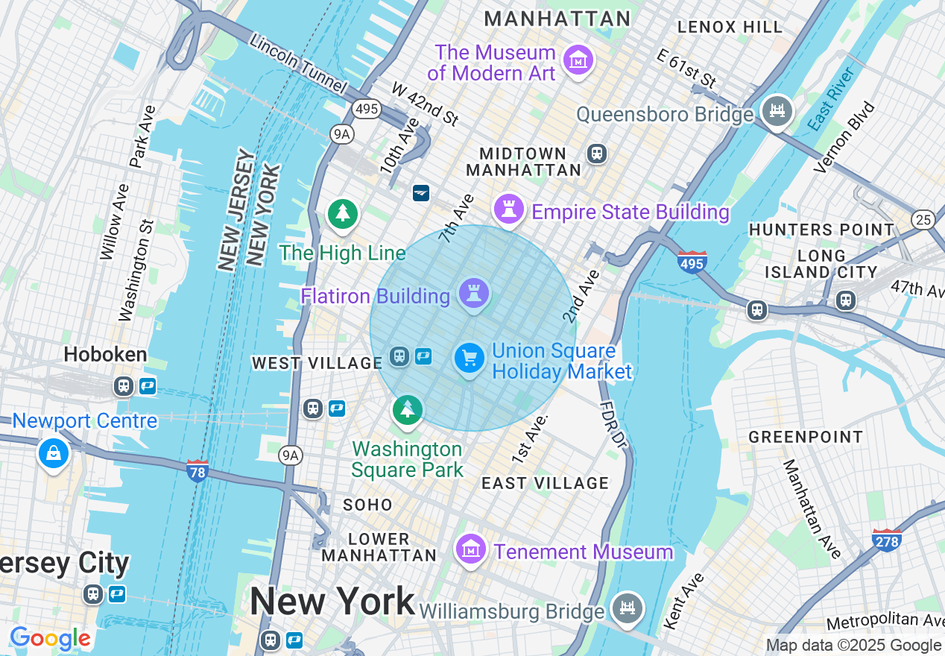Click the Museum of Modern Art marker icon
[x=578, y=60]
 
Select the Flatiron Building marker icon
[x=473, y=293]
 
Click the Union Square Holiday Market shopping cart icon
[x=470, y=359]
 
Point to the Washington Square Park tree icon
[x=407, y=410]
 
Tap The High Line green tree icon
[x=342, y=214]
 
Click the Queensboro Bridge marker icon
[x=777, y=111]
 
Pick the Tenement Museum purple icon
[x=470, y=550]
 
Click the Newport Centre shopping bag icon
[x=53, y=452]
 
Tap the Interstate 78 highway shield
[x=197, y=471]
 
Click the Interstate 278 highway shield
[x=887, y=540]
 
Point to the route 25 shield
[x=923, y=220]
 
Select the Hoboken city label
[x=105, y=354]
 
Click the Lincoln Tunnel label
[x=298, y=63]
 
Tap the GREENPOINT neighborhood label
[x=806, y=437]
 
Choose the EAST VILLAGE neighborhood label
[x=545, y=483]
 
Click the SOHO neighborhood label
[x=367, y=505]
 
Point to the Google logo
[x=50, y=638]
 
